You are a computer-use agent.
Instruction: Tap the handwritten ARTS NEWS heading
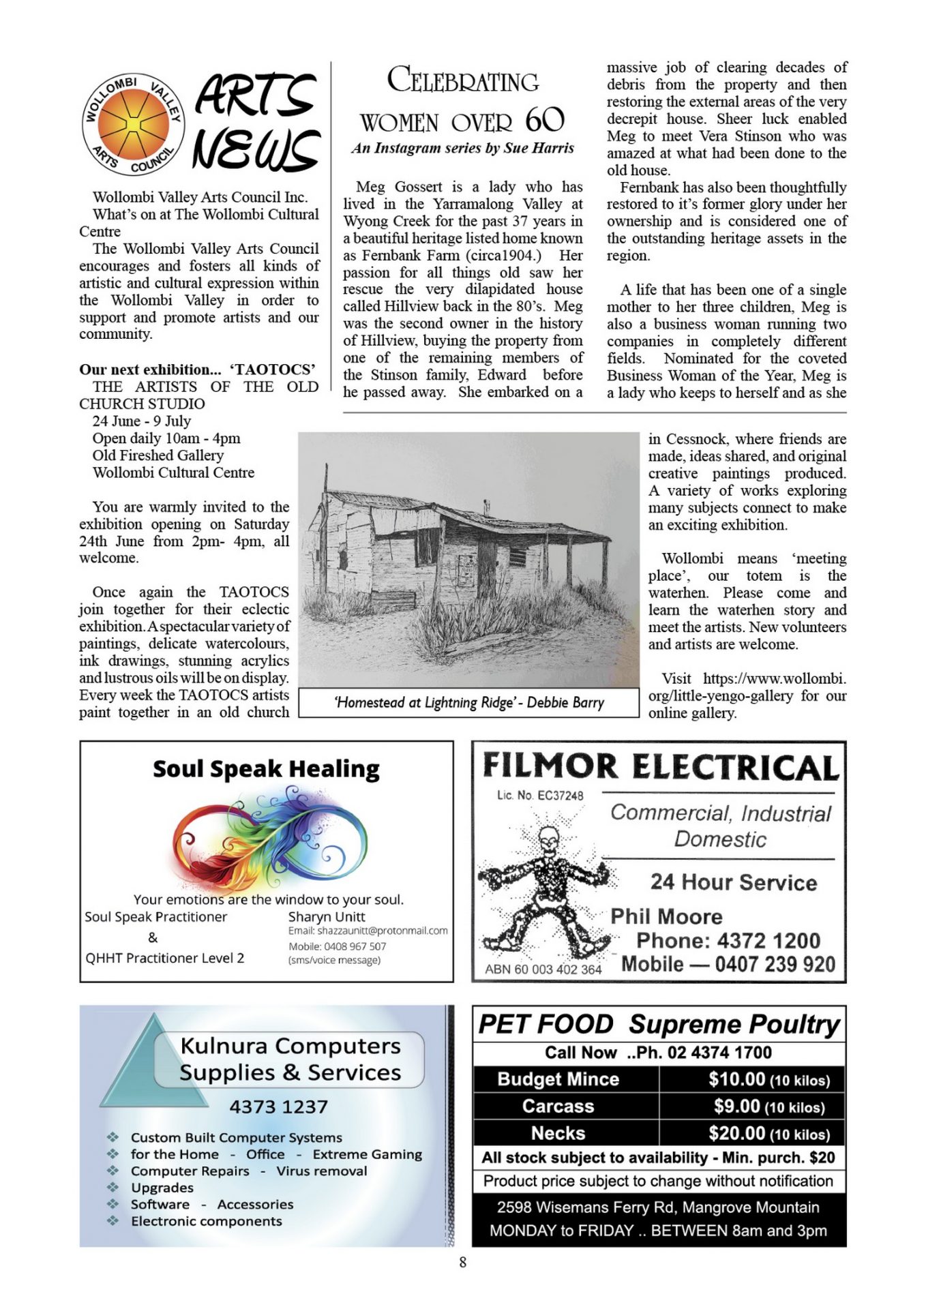pyautogui.click(x=256, y=121)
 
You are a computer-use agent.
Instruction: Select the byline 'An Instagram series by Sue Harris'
pyautogui.click(x=463, y=148)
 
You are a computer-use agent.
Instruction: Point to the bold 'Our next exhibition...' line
pyautogui.click(x=150, y=370)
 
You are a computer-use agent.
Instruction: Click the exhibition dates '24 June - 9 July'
pyautogui.click(x=142, y=421)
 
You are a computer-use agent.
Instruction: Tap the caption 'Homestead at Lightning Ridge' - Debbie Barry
pyautogui.click(x=469, y=703)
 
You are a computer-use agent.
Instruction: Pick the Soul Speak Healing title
pyautogui.click(x=266, y=769)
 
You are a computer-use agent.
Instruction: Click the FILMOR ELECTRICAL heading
pyautogui.click(x=660, y=767)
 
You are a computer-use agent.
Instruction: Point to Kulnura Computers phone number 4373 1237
pyautogui.click(x=278, y=1107)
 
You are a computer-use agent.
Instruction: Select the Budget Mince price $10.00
pyautogui.click(x=736, y=1079)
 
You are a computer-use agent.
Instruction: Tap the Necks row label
pyautogui.click(x=558, y=1133)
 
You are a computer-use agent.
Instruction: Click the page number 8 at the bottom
pyautogui.click(x=463, y=1262)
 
